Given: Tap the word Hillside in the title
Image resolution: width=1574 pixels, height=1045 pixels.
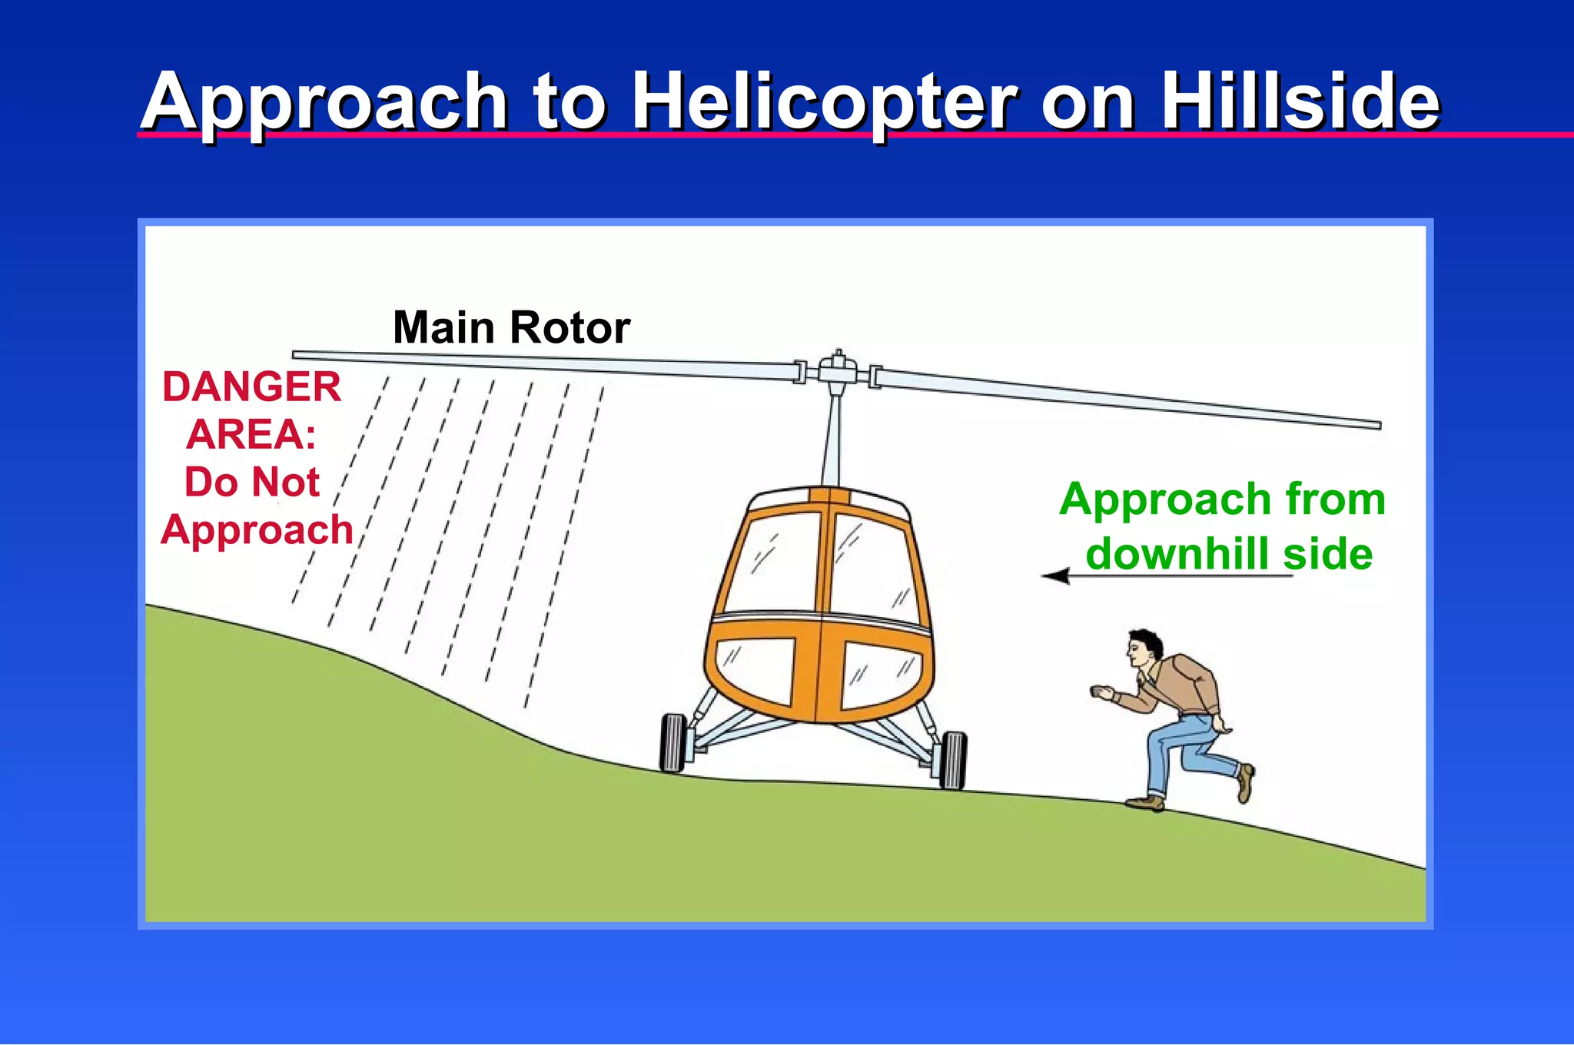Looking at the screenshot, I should (1299, 101).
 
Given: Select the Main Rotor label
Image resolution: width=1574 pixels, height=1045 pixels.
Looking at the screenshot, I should (511, 328).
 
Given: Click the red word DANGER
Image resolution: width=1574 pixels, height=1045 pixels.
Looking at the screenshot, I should (251, 386).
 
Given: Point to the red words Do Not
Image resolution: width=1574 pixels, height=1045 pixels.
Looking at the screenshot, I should (251, 483).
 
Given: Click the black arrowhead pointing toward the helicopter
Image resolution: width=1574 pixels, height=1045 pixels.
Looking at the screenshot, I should (1056, 576).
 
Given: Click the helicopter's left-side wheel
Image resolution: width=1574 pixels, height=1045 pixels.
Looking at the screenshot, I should (672, 742).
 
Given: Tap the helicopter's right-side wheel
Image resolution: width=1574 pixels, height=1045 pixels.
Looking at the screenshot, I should (953, 760).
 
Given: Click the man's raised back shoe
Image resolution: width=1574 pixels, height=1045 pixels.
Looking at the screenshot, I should (1245, 783).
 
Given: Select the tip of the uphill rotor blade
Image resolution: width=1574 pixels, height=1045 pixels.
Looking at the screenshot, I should (297, 355).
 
